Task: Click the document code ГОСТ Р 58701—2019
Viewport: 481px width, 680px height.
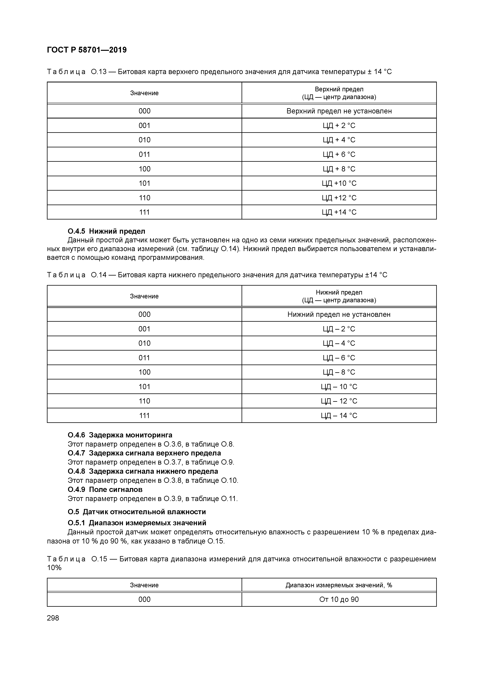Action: (x=87, y=50)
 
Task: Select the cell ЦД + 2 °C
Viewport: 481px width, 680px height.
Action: (x=339, y=126)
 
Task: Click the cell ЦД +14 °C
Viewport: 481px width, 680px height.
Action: (x=339, y=212)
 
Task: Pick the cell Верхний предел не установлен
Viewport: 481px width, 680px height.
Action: (x=339, y=111)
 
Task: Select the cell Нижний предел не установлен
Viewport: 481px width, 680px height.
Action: (x=339, y=314)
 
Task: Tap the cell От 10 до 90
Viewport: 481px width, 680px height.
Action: (x=339, y=600)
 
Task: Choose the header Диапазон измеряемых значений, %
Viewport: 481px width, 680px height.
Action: (x=339, y=585)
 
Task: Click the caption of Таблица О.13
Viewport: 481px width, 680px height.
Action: (x=219, y=72)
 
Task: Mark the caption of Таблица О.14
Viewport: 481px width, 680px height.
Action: (x=217, y=275)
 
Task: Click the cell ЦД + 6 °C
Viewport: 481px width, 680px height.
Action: (x=339, y=154)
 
